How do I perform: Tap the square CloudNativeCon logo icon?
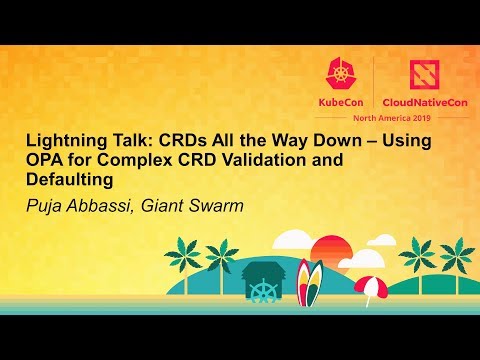(x=415, y=71)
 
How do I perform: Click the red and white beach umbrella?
(x=369, y=285)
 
